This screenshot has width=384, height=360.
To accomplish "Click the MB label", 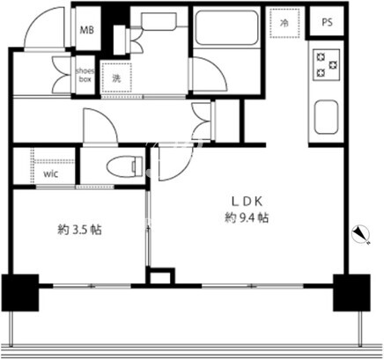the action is click(87, 30).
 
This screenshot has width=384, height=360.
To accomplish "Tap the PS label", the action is click(328, 22).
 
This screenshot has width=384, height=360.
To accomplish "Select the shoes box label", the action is click(85, 75).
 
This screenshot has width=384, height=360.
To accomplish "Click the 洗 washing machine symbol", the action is click(116, 77).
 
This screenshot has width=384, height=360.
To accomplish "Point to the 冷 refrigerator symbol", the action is click(284, 23).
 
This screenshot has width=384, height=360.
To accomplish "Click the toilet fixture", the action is click(125, 167).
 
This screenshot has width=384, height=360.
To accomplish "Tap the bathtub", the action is click(226, 28).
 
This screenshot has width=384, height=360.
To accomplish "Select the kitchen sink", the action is click(326, 117).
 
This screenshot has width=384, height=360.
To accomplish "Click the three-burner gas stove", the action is click(327, 64).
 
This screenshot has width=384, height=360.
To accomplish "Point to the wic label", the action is click(50, 174).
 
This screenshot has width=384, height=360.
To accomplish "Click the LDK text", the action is click(247, 202).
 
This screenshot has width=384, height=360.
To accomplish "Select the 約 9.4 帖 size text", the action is click(247, 217).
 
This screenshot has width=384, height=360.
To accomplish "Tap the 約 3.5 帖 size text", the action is click(79, 230).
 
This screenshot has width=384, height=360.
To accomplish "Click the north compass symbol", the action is click(361, 233).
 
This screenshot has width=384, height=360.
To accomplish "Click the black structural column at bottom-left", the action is click(20, 292).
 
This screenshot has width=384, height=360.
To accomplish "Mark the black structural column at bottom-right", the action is click(351, 292).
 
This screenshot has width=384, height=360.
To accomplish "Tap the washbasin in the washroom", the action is click(159, 20).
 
